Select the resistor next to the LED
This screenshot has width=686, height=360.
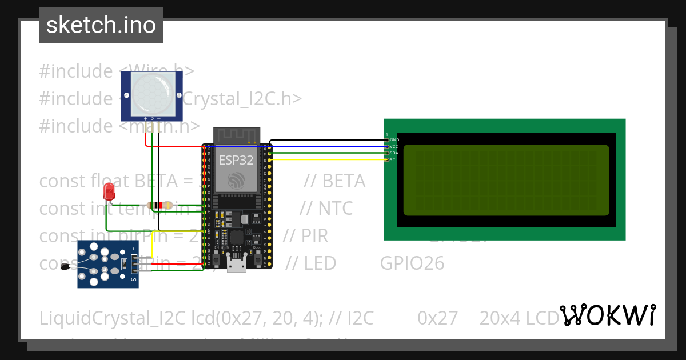pyautogui.click(x=159, y=205)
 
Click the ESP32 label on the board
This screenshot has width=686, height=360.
pyautogui.click(x=236, y=160)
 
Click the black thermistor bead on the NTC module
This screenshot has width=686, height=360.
pyautogui.click(x=66, y=267)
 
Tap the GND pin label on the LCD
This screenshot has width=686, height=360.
pyautogui.click(x=394, y=140)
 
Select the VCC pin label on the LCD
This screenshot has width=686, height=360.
pyautogui.click(x=394, y=146)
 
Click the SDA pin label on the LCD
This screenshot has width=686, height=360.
pyautogui.click(x=394, y=153)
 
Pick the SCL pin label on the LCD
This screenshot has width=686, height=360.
pyautogui.click(x=394, y=159)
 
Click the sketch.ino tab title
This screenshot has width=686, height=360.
pyautogui.click(x=101, y=25)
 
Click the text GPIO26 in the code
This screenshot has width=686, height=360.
pyautogui.click(x=412, y=263)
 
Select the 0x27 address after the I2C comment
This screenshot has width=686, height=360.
pyautogui.click(x=438, y=318)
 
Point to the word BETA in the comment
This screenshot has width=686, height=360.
pyautogui.click(x=343, y=181)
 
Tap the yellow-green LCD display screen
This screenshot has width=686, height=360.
pyautogui.click(x=506, y=180)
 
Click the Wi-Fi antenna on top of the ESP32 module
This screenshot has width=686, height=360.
pyautogui.click(x=237, y=136)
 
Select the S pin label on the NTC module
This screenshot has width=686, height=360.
pyautogui.click(x=134, y=279)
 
